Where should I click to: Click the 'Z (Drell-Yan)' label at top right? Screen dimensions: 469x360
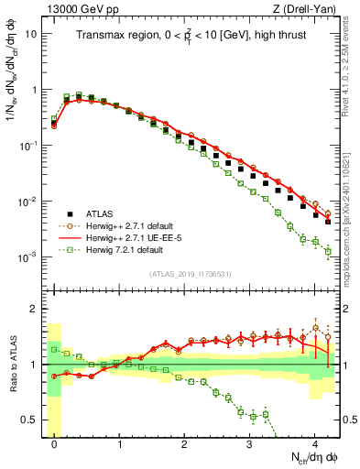pos(307,8)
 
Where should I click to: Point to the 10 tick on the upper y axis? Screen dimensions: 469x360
pos(35,35)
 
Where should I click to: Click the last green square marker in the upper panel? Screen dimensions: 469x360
pos(328,252)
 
